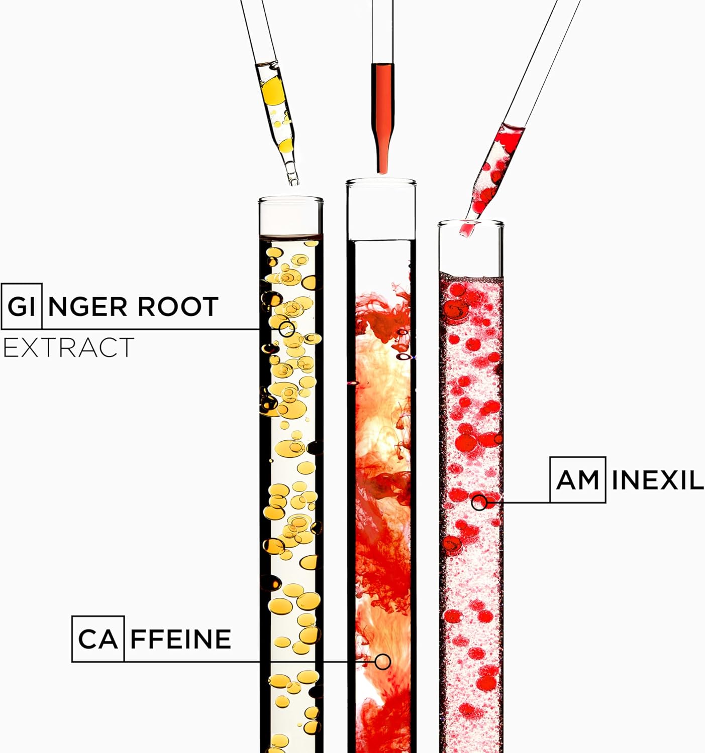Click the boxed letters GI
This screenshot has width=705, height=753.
click(21, 306)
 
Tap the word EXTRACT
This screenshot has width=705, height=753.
click(69, 347)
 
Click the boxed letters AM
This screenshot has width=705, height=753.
click(577, 479)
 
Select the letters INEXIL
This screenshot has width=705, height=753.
click(657, 480)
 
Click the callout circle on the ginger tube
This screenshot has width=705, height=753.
click(286, 329)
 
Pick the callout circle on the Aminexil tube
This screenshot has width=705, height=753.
click(479, 503)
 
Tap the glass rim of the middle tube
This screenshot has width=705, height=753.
click(381, 182)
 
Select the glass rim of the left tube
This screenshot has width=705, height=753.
click(291, 200)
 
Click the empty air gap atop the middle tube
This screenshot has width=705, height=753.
click(381, 212)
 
